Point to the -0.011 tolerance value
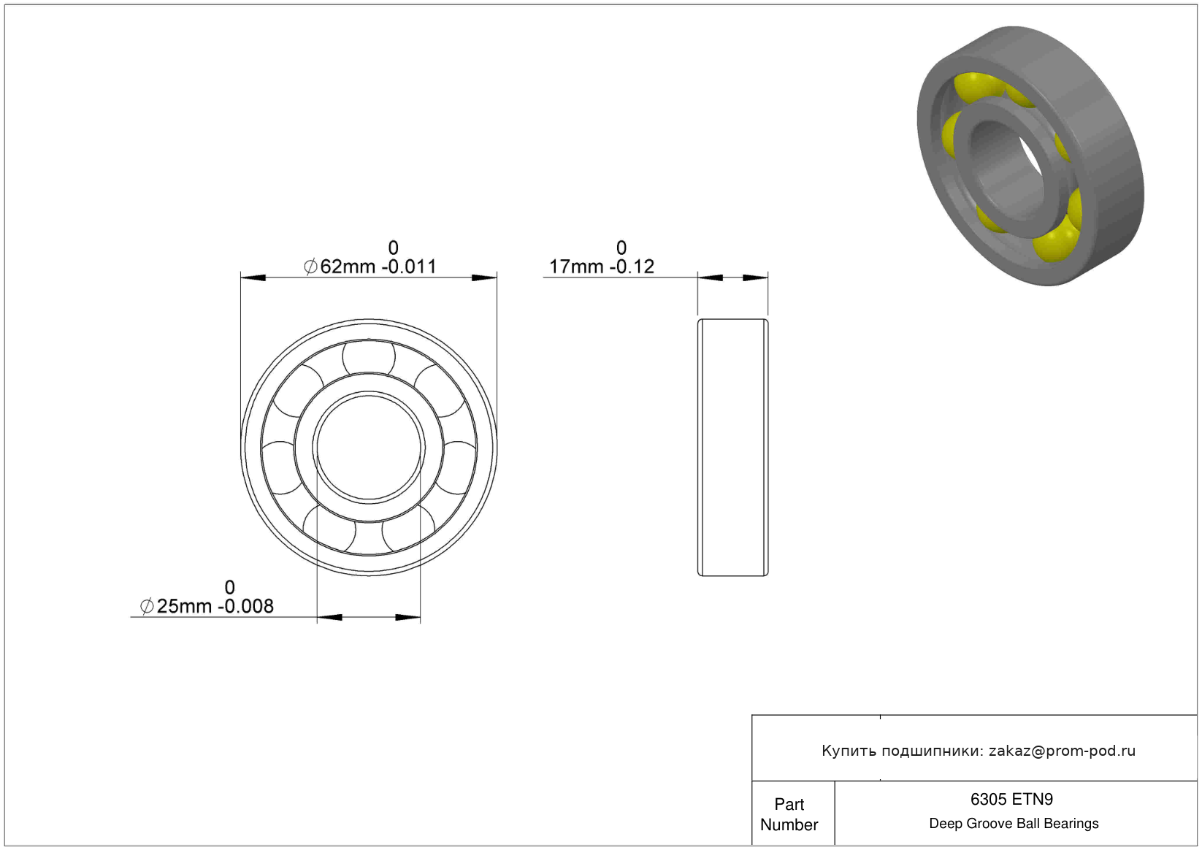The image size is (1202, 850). coord(409,267)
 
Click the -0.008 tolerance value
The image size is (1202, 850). coord(246,606)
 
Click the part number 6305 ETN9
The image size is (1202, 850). coord(1012,800)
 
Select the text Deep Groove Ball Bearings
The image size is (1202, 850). coord(1014,824)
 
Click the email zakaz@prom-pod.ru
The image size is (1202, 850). coord(1062,751)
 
